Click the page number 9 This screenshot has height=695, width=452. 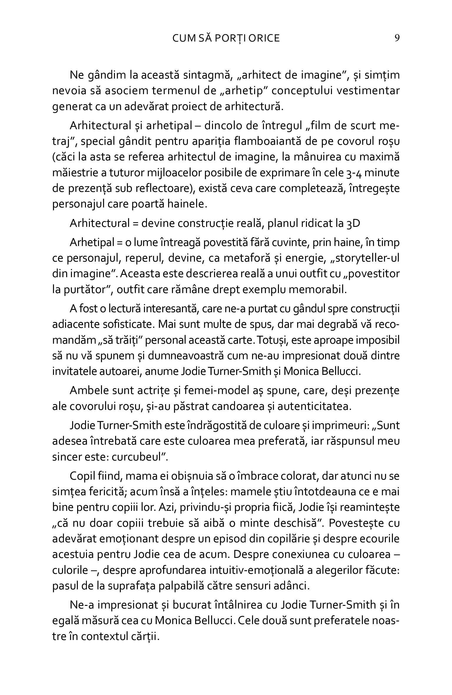pyautogui.click(x=397, y=38)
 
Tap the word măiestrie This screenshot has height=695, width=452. pyautogui.click(x=75, y=173)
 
